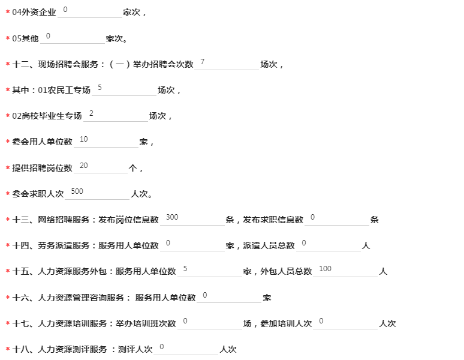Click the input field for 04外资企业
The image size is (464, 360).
pyautogui.click(x=90, y=11)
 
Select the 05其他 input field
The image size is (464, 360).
pyautogui.click(x=73, y=37)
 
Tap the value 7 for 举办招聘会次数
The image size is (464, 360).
pyautogui.click(x=203, y=62)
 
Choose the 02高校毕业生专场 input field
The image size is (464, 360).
pyautogui.click(x=116, y=115)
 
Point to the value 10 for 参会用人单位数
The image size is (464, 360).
pyautogui.click(x=84, y=139)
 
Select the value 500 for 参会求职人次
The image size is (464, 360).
pyautogui.click(x=77, y=191)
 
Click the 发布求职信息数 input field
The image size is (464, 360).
pyautogui.click(x=337, y=219)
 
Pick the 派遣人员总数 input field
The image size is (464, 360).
pyautogui.click(x=329, y=245)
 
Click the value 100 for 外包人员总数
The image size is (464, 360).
pyautogui.click(x=325, y=269)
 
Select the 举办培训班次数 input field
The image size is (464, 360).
pyautogui.click(x=210, y=323)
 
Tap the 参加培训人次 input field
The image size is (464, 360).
pyautogui.click(x=345, y=323)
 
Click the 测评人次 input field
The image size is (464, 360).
pyautogui.click(x=186, y=349)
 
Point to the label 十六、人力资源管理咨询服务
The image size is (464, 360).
pyautogui.click(x=68, y=297)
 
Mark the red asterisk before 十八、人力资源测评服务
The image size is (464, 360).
pyautogui.click(x=8, y=349)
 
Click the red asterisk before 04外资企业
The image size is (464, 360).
pyautogui.click(x=8, y=12)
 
